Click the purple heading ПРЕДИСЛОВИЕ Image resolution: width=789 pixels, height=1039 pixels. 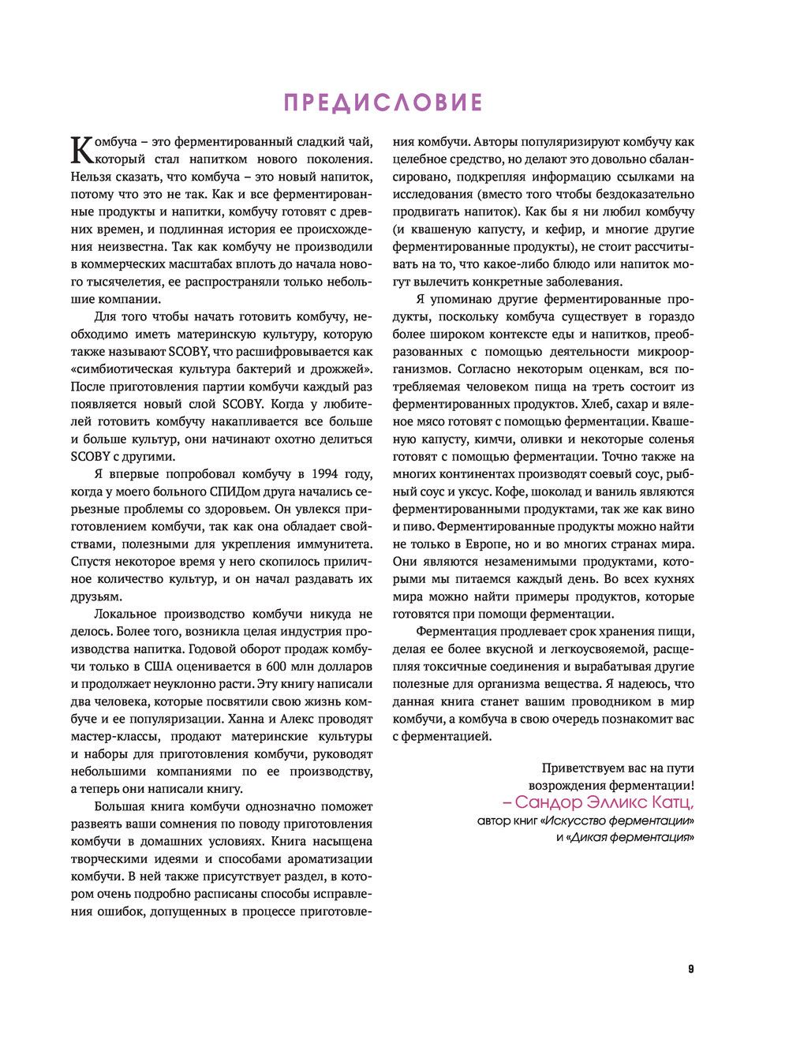pyautogui.click(x=383, y=103)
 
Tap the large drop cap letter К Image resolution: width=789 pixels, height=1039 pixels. pyautogui.click(x=81, y=149)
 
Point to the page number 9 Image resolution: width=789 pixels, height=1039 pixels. pyautogui.click(x=690, y=969)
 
